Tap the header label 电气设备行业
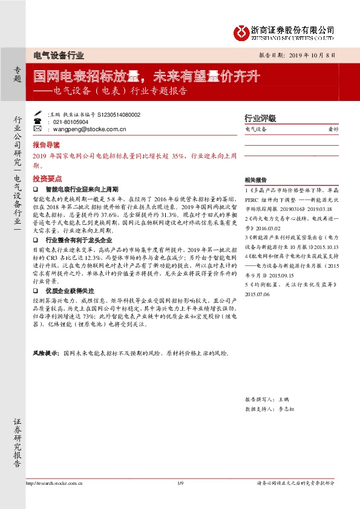(x=58, y=54)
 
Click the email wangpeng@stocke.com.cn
(x=90, y=129)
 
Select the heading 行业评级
(x=260, y=118)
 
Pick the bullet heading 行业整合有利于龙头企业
(x=79, y=239)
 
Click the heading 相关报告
(x=255, y=180)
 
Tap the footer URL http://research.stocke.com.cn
(x=54, y=483)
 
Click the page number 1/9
(x=180, y=483)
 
